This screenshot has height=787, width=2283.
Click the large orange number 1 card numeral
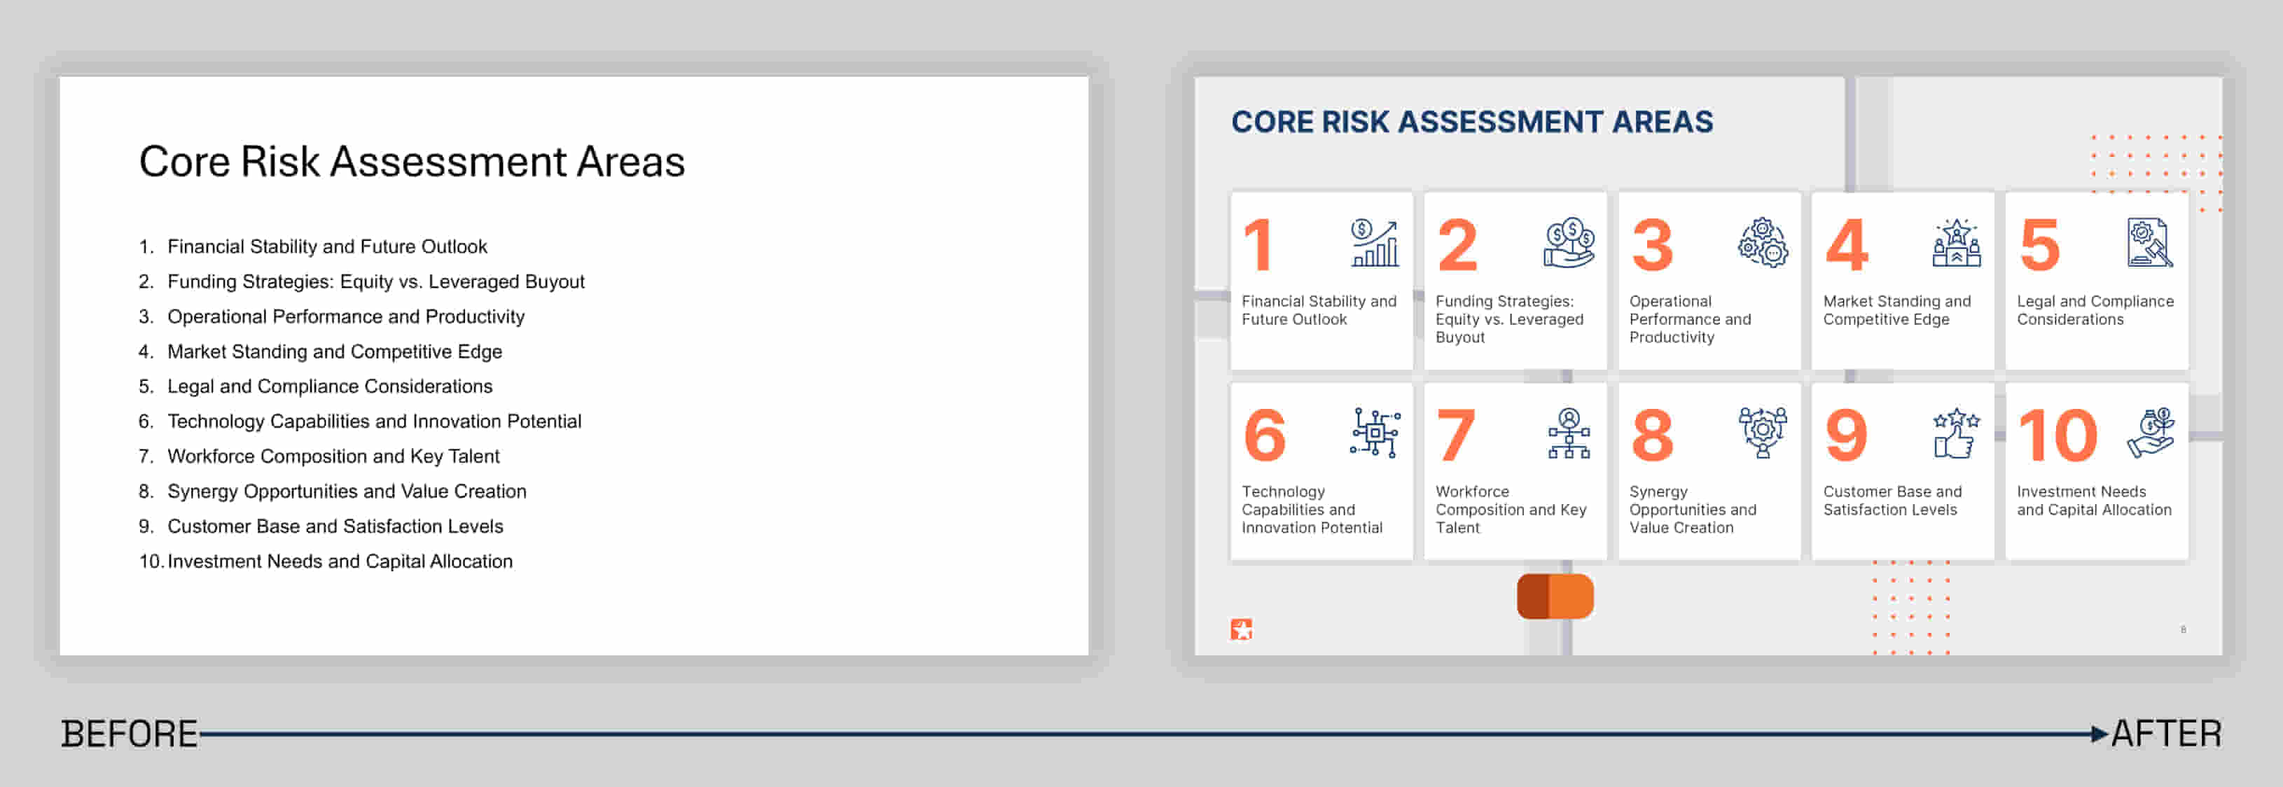click(x=1258, y=244)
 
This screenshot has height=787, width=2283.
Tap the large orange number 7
click(x=1456, y=435)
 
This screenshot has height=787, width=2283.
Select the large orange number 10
click(x=2057, y=435)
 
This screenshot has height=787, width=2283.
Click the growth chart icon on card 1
click(x=1375, y=243)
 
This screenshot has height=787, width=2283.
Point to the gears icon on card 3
click(x=1763, y=243)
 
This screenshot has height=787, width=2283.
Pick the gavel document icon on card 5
click(x=2150, y=243)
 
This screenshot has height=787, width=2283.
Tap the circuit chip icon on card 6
click(x=1375, y=433)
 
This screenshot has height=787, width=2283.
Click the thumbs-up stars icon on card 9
click(x=1956, y=433)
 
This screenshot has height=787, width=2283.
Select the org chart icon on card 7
click(x=1569, y=433)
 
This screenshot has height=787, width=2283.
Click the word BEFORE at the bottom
click(x=130, y=734)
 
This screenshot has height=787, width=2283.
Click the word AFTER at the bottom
click(x=2166, y=734)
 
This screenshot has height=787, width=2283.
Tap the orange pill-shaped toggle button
click(x=1555, y=597)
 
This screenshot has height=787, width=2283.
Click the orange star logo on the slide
click(x=1241, y=629)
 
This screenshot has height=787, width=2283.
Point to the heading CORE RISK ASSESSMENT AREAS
click(x=1472, y=121)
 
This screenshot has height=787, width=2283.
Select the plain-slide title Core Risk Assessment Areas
click(x=411, y=161)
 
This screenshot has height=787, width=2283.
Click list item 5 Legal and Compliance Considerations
click(x=316, y=386)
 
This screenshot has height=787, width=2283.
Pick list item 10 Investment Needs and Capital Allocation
click(x=325, y=561)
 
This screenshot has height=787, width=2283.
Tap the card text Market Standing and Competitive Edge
click(x=1896, y=310)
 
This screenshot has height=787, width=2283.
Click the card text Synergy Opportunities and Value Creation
click(x=1693, y=510)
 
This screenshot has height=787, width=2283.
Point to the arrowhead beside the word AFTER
click(x=2100, y=734)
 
